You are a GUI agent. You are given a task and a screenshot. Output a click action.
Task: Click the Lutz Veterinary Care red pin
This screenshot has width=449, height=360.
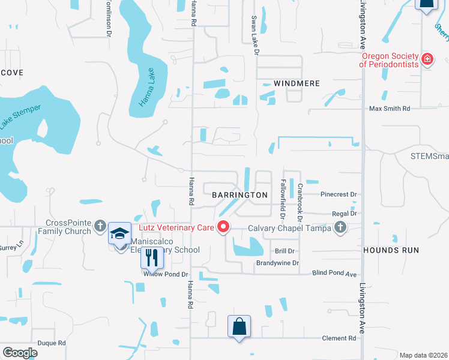coord(223,227)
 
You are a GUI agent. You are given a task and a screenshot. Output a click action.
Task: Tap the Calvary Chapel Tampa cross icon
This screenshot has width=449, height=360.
coord(340,227)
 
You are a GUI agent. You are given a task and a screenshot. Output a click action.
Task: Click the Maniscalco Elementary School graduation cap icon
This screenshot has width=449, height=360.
coord(120,234)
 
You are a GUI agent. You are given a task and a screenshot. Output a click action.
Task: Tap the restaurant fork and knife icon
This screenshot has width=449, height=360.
coord(152,258)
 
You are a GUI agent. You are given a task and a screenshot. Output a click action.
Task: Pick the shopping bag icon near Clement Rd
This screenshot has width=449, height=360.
coord(239,327)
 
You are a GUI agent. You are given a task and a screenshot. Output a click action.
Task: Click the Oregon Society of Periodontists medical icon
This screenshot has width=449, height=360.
coord(427,59)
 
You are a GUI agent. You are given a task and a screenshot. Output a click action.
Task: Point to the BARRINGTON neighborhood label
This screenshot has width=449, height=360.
coord(240,195)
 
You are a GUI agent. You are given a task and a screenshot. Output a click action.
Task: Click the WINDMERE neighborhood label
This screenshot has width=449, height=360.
coord(297,83)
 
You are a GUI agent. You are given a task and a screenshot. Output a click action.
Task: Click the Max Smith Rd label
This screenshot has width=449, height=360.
coord(389,109)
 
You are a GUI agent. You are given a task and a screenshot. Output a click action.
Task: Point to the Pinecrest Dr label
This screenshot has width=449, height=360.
coord(339,194)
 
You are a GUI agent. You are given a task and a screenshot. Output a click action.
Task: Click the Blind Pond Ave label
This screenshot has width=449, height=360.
coord(335,273)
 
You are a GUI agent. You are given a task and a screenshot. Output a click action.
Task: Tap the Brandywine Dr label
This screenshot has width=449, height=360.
coord(277,263)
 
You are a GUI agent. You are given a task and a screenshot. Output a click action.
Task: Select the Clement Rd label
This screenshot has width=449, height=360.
coord(339,338)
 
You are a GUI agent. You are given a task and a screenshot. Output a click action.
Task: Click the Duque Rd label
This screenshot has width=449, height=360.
coord(52,343)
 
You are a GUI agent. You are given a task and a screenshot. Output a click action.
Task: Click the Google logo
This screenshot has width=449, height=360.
coord(20,353)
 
